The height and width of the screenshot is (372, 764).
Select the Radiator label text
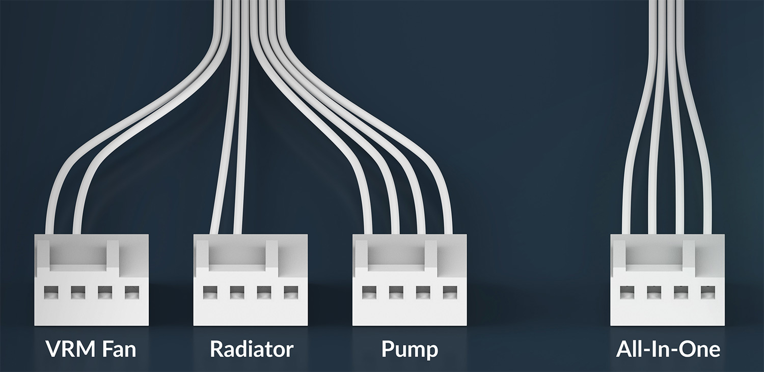coord(252,349)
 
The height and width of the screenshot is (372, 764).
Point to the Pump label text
coord(410,350)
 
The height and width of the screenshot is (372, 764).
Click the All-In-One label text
coord(668,349)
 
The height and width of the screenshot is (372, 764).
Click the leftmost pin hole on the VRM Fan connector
coord(51,293)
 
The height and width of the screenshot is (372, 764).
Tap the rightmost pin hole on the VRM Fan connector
coord(131,293)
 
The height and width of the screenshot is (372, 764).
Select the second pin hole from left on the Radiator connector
coord(237,293)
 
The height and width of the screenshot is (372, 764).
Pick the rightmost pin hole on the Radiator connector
coord(291,293)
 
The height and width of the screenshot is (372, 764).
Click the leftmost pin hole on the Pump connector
coord(369,293)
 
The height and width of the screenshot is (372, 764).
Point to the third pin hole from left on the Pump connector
coord(423,293)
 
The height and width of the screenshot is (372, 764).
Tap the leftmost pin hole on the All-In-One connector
coord(627,293)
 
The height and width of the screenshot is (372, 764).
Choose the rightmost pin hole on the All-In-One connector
coord(708,293)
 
